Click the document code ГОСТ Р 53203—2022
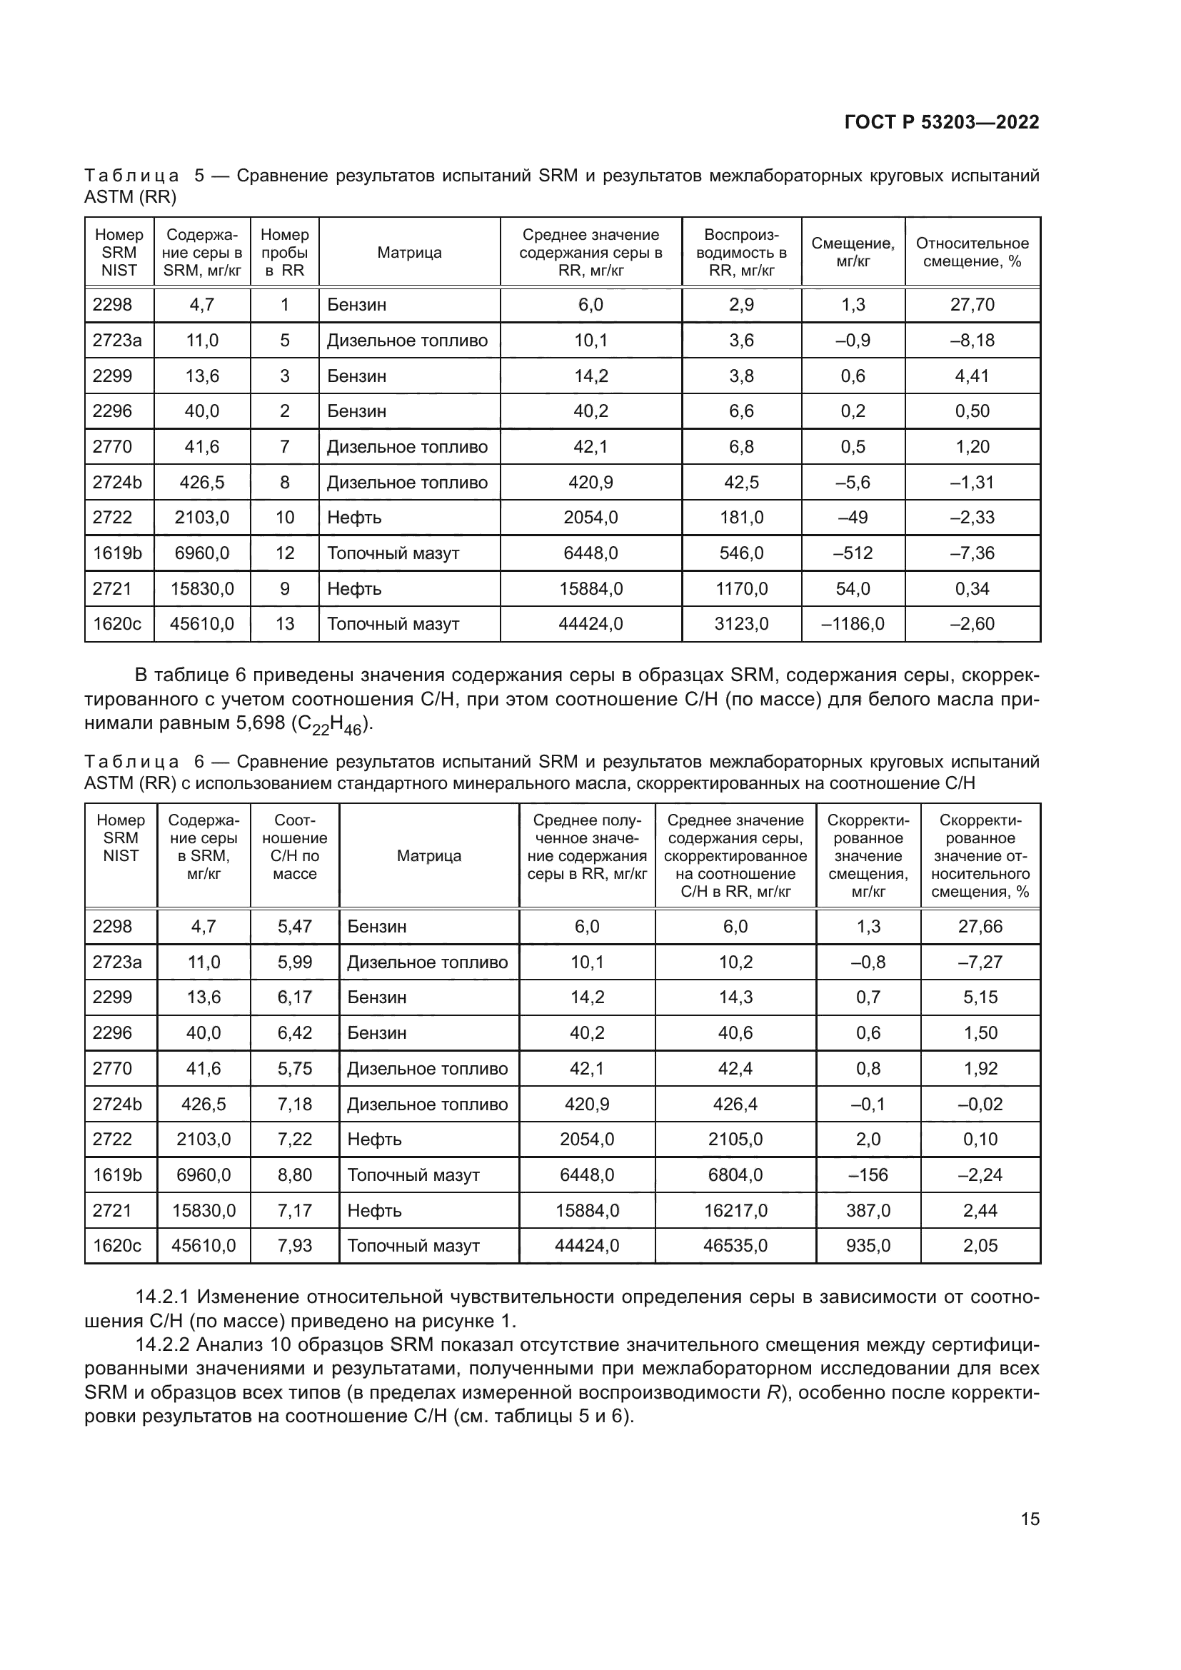click(x=942, y=122)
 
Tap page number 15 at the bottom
click(x=1030, y=1519)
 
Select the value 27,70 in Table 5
click(x=973, y=305)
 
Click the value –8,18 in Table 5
click(x=973, y=341)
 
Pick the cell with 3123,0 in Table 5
click(x=741, y=624)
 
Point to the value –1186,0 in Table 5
click(x=853, y=624)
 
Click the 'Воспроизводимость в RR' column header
click(x=741, y=252)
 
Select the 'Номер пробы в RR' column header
click(x=284, y=252)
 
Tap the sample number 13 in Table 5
click(x=284, y=624)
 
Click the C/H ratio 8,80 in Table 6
click(x=294, y=1175)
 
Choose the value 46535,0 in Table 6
click(x=735, y=1246)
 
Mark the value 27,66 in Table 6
click(x=980, y=927)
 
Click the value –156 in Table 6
click(x=868, y=1175)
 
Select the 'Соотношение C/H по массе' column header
click(x=294, y=847)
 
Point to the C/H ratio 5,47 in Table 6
click(x=294, y=927)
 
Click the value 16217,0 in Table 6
click(x=735, y=1211)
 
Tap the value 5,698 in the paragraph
click(x=261, y=724)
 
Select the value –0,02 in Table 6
click(x=980, y=1104)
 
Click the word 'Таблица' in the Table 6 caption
click(x=131, y=763)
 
